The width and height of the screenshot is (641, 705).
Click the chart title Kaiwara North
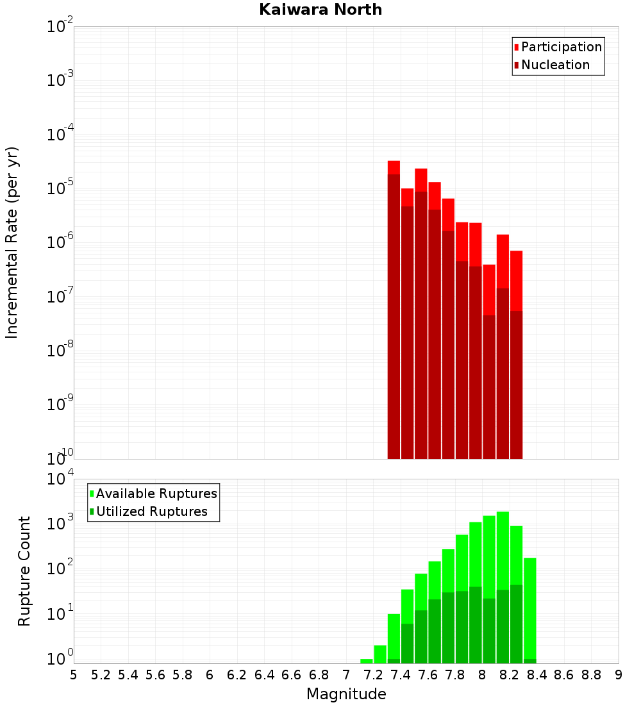coord(320,10)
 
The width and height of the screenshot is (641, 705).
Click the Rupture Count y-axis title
coord(24,570)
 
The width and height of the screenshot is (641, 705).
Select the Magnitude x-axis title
coord(346,694)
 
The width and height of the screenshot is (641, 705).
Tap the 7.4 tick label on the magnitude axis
coord(401,675)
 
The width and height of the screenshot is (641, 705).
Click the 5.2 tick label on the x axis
coord(101,675)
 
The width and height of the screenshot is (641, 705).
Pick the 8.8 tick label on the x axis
coord(591,675)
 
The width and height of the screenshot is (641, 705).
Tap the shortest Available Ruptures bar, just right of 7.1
coord(367,661)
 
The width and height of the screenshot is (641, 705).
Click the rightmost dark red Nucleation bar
coord(516,385)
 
